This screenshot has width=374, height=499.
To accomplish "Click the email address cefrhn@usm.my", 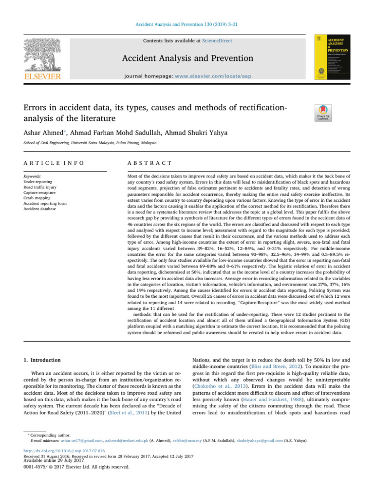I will [x=187, y=441].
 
